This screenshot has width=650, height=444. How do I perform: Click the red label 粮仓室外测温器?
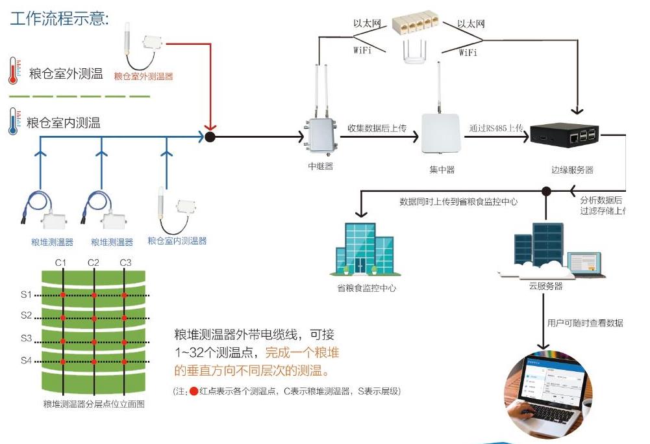click(x=144, y=76)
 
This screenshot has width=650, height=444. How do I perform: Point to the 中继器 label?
click(x=320, y=166)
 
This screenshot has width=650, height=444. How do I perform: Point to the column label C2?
click(x=94, y=263)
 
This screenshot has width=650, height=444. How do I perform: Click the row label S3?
click(x=26, y=339)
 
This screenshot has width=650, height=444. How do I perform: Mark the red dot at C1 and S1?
click(x=63, y=296)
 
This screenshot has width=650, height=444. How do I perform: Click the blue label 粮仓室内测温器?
click(x=177, y=241)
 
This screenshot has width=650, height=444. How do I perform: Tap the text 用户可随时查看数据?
click(x=584, y=323)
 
